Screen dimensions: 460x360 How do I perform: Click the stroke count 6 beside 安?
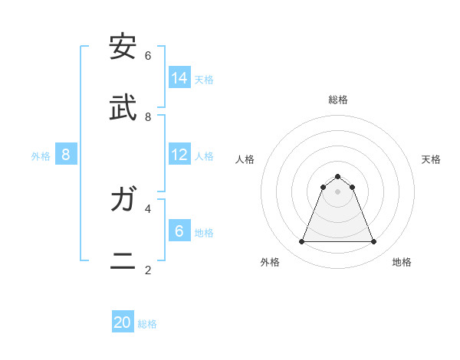(x=148, y=56)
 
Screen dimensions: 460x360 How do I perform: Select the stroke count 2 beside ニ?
(x=148, y=270)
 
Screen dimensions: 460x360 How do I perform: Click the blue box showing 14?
(x=179, y=77)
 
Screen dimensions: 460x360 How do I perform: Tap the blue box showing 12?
(x=179, y=155)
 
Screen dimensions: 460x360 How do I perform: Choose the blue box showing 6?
(x=179, y=230)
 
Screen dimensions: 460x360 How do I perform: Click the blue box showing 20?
(x=123, y=322)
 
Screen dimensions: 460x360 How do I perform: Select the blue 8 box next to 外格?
(x=66, y=155)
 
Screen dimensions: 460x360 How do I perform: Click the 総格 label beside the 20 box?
(x=147, y=324)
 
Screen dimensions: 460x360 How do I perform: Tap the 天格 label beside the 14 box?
(x=204, y=79)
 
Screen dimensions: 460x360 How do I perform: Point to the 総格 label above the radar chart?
(x=337, y=100)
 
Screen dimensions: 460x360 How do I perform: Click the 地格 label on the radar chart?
(x=402, y=262)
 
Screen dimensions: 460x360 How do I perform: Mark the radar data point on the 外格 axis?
(x=301, y=242)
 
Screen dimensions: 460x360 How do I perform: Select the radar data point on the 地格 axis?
(x=374, y=242)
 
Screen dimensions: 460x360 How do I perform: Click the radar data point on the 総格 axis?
(x=337, y=176)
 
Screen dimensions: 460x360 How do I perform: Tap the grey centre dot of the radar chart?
(x=337, y=191)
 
